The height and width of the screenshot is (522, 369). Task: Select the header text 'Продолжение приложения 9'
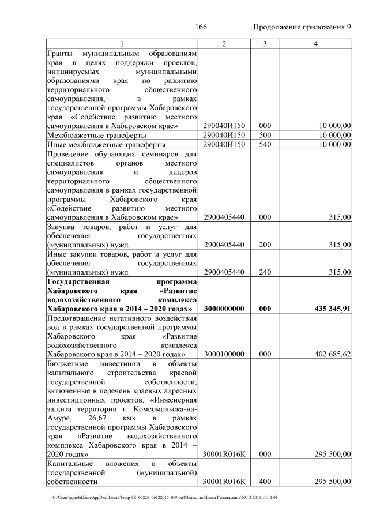tap(302, 28)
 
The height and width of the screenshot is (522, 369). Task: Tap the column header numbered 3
tap(264, 44)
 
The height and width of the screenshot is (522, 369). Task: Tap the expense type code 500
tap(264, 135)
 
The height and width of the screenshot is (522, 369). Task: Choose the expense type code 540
tap(264, 144)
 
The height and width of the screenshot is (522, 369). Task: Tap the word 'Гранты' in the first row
tap(61, 52)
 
